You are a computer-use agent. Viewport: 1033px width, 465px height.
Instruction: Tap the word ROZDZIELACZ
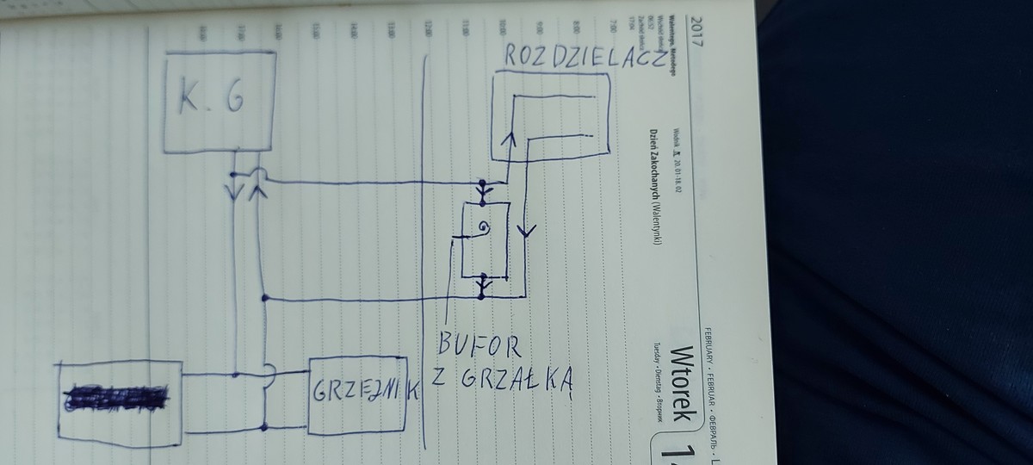pyautogui.click(x=583, y=58)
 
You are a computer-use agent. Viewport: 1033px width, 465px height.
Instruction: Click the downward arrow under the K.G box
pyautogui.click(x=234, y=187)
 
